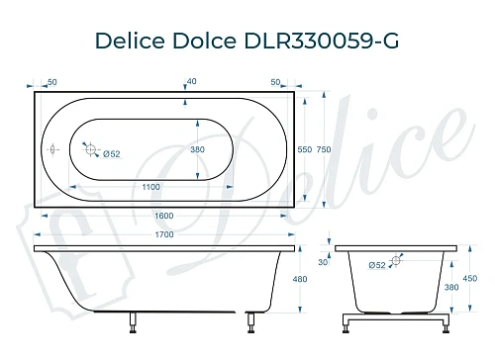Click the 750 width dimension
coord(323,149)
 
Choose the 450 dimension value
coord(471,278)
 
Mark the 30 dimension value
coord(323,262)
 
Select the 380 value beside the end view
coord(451,287)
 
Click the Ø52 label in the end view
coord(377,265)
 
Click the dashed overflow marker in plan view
coord(52,150)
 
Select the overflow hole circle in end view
coord(396,261)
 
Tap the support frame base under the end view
coord(395,322)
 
